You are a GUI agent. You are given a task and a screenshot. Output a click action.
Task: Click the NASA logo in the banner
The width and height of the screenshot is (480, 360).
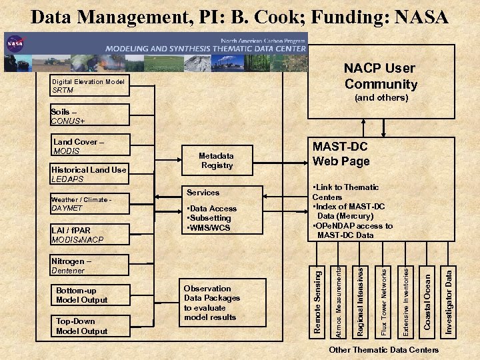click(15, 45)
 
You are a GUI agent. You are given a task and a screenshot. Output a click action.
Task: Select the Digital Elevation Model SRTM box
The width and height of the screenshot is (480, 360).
click(89, 86)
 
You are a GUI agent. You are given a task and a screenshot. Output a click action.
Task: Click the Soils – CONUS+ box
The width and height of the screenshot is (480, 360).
click(89, 116)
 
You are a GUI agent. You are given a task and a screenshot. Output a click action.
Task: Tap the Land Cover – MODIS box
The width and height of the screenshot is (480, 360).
click(89, 146)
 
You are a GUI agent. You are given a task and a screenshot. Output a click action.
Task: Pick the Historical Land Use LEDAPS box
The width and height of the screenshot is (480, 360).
click(89, 174)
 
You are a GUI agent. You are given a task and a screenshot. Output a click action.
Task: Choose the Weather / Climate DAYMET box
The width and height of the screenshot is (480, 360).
click(89, 203)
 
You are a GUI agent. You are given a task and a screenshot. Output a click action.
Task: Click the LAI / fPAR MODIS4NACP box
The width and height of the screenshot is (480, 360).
click(89, 235)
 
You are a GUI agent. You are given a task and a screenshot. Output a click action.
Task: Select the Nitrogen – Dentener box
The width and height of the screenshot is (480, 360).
click(89, 266)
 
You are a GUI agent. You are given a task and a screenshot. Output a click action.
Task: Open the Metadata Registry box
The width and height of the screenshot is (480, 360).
click(217, 161)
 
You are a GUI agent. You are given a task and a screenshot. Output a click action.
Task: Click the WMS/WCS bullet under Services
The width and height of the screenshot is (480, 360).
click(210, 227)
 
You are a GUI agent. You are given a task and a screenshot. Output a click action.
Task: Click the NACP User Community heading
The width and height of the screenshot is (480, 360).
click(379, 76)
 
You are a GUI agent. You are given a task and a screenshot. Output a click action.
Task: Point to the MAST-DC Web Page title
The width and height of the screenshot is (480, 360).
click(341, 154)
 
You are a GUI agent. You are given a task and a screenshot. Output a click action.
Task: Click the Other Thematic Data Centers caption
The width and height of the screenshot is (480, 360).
click(384, 350)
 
